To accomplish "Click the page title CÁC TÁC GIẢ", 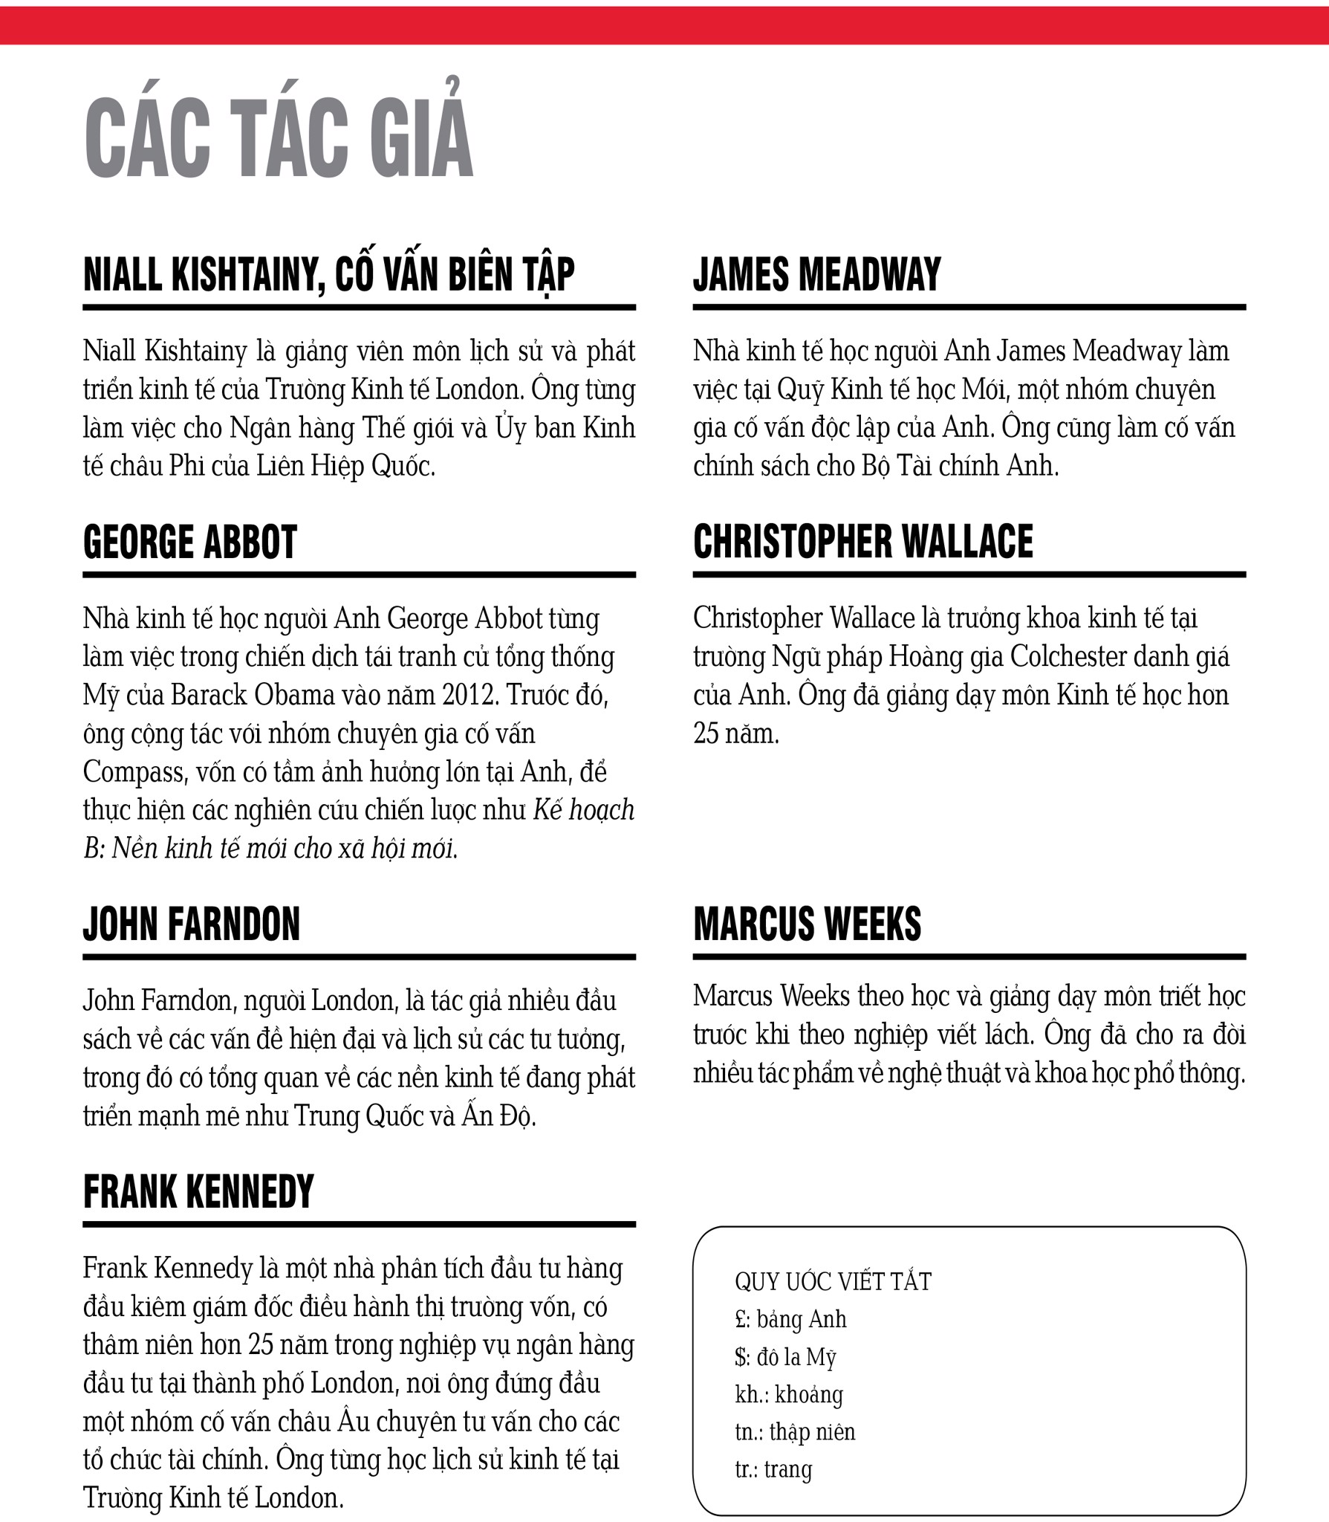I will pos(279,138).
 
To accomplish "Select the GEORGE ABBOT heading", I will pos(190,542).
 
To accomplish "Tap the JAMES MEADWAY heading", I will pos(817,274).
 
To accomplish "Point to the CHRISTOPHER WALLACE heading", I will pos(862,542).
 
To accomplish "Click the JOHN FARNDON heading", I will pos(192,924).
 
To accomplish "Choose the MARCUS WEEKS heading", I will pos(807,924).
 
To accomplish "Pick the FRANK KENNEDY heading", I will pos(198,1191).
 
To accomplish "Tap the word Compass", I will pos(134,772).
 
